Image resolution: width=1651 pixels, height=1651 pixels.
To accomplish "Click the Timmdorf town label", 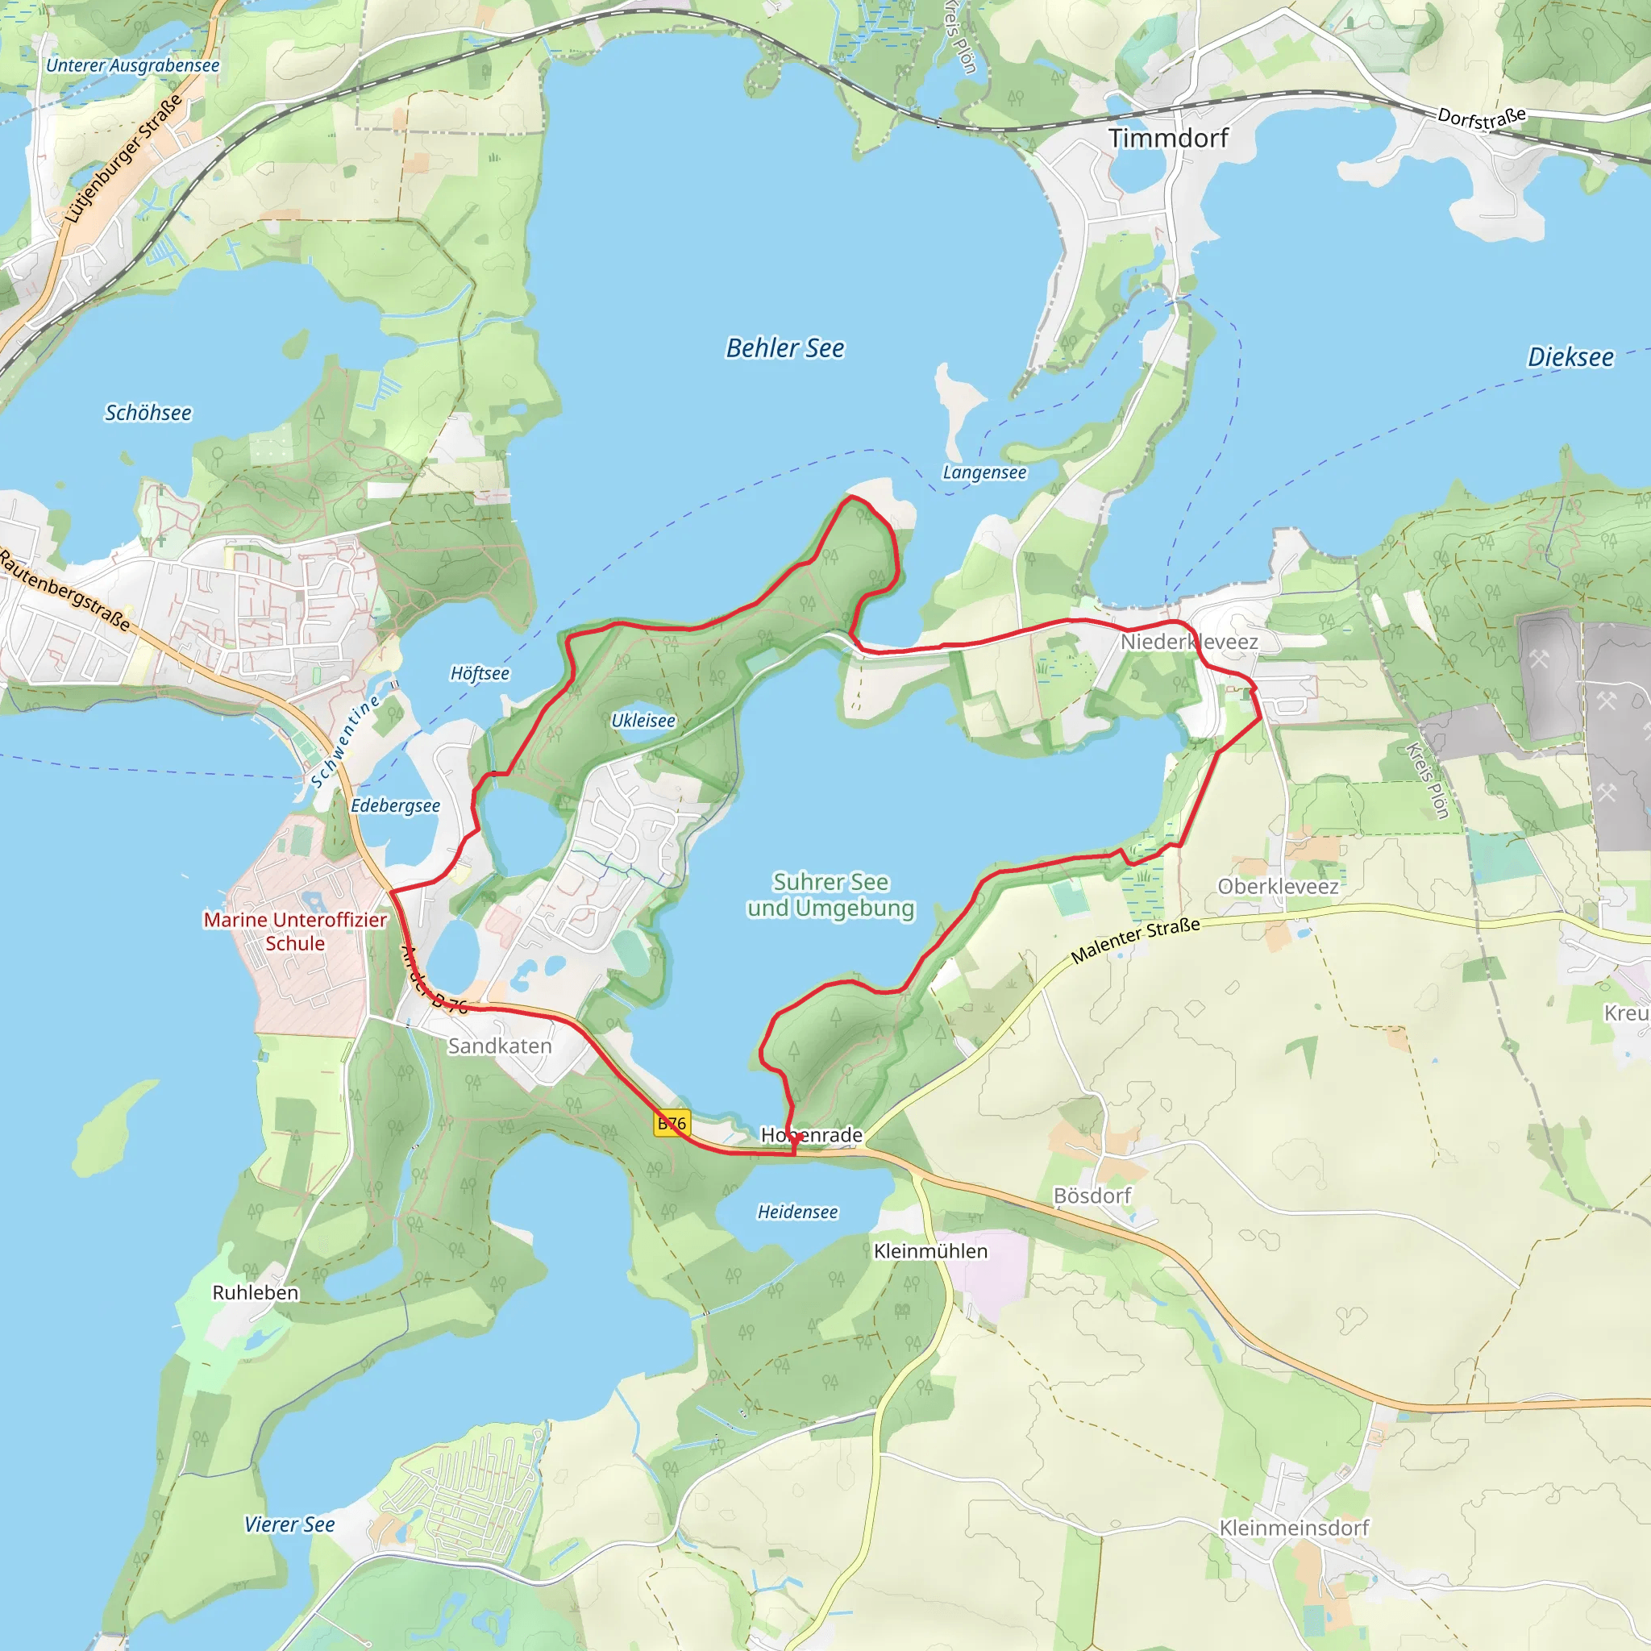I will tap(1167, 139).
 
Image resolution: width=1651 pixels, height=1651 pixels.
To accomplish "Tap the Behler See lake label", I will tap(784, 348).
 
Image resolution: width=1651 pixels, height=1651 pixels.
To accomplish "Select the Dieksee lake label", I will tap(1570, 357).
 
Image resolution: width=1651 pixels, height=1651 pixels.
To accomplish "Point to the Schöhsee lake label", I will tap(148, 414).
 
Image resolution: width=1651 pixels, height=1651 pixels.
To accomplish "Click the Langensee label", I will tap(984, 472).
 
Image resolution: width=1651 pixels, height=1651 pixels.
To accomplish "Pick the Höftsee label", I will tap(480, 673).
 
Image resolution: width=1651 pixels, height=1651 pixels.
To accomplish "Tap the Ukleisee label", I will tap(643, 721).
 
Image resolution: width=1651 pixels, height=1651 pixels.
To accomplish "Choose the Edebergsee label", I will tap(396, 806).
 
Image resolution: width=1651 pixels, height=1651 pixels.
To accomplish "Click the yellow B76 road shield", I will tap(672, 1124).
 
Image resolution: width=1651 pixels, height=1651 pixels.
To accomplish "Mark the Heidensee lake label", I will tap(797, 1212).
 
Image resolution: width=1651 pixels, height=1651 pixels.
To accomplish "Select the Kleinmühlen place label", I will tap(930, 1251).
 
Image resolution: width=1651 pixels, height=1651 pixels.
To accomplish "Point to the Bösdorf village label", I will tap(1092, 1196).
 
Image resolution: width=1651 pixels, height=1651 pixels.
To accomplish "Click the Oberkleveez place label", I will tap(1278, 886).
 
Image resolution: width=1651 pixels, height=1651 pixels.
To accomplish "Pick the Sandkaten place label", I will tap(500, 1046).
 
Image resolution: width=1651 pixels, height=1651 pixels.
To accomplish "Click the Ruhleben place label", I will tap(256, 1292).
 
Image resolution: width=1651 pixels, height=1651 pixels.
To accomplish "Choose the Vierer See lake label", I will tap(289, 1524).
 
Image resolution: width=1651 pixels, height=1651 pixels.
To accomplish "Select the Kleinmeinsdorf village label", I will tap(1294, 1528).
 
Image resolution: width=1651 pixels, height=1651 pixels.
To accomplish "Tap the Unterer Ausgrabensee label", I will tap(132, 66).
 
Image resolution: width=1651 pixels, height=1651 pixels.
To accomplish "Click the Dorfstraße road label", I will tap(1481, 118).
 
